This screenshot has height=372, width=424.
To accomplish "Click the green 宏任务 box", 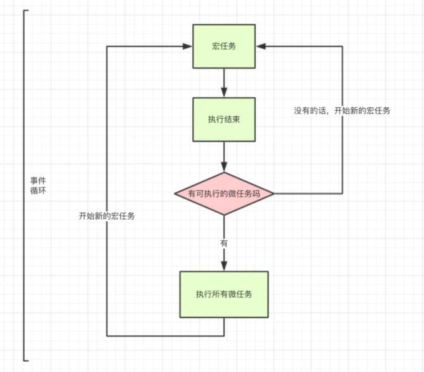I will tap(224, 46).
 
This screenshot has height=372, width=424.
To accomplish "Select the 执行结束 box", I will tap(224, 119).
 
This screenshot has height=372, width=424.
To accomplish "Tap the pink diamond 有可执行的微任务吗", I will tap(224, 194).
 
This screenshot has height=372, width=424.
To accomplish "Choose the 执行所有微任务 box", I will tap(224, 294).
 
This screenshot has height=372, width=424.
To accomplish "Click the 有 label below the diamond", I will tap(224, 243).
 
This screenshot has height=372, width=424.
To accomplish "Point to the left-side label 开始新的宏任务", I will tap(107, 216).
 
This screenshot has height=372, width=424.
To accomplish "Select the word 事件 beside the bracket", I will tap(37, 180).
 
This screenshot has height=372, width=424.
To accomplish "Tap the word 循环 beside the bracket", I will tap(37, 190).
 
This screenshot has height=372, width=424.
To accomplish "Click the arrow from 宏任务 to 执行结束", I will tap(224, 83).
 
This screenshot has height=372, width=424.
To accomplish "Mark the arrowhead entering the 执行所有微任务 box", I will tap(224, 267).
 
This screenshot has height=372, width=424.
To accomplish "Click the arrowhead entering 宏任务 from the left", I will tap(188, 46).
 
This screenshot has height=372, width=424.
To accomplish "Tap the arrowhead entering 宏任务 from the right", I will tap(260, 46).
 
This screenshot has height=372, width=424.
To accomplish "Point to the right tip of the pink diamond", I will tap(274, 194).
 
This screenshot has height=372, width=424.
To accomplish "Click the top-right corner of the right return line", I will tap(343, 46).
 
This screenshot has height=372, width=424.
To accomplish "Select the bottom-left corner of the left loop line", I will tap(107, 335).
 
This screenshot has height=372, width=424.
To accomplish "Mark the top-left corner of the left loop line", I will tap(107, 46).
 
